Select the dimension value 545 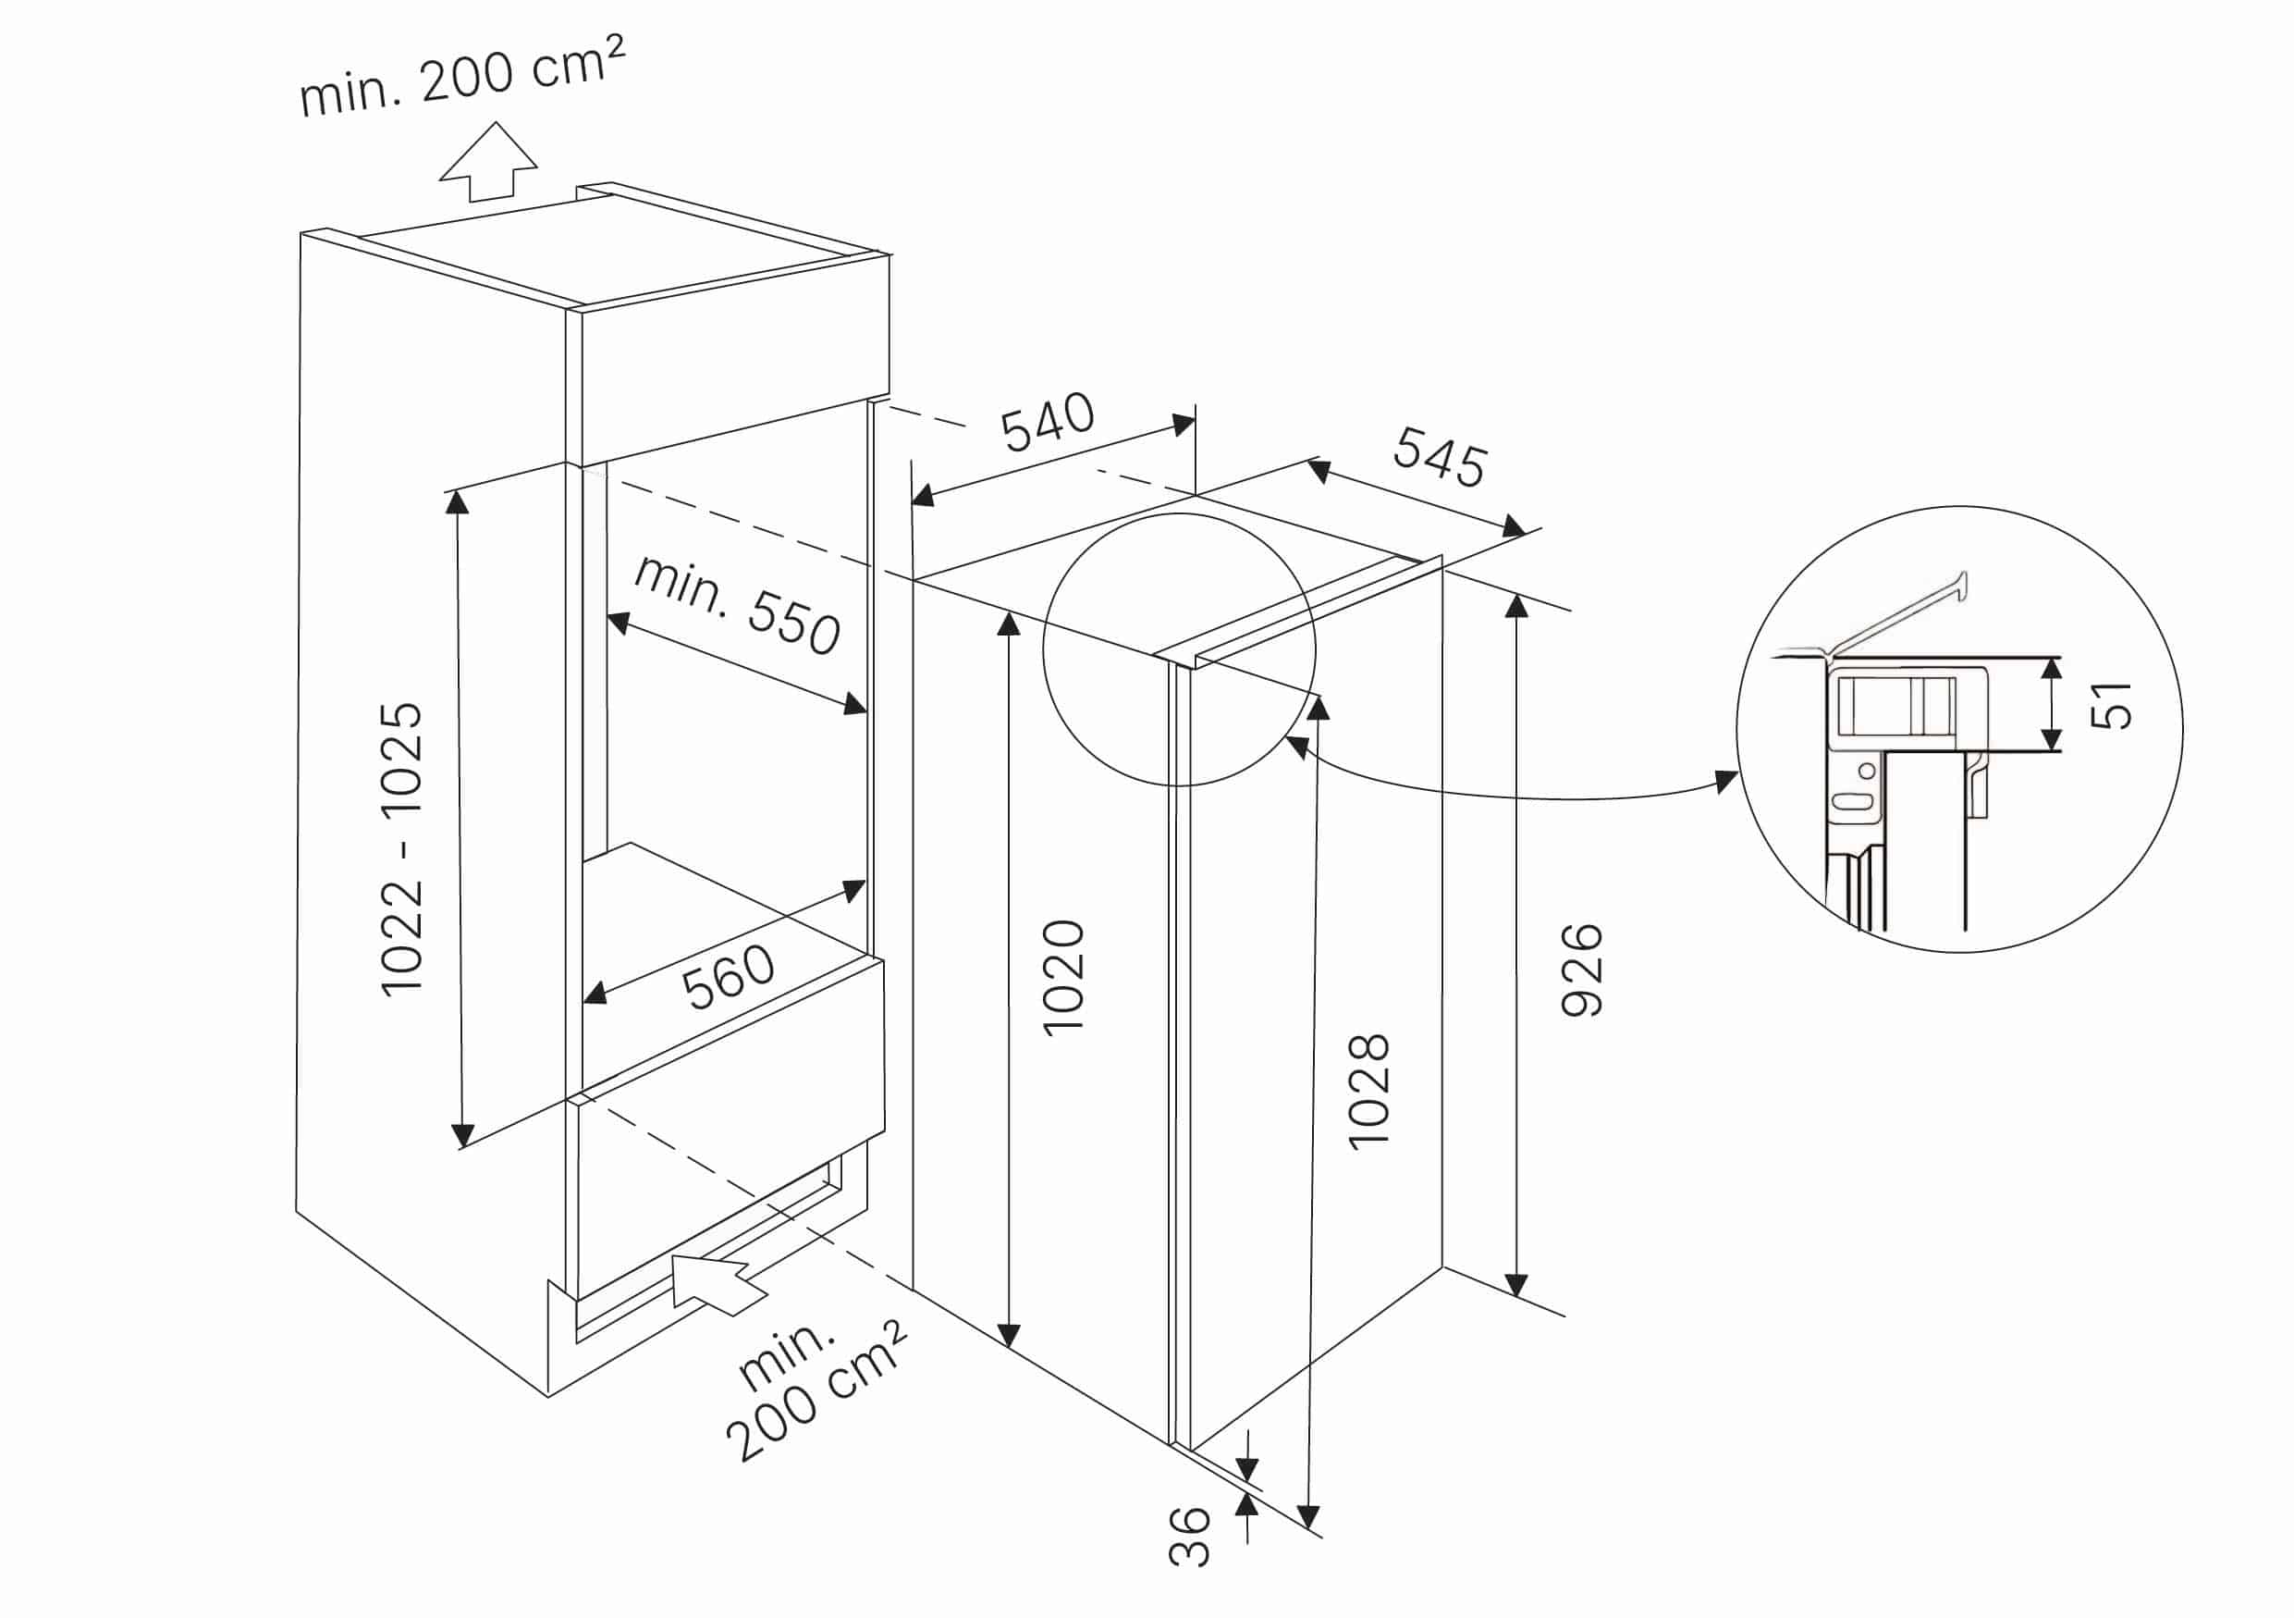(1440, 457)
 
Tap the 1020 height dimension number (1063, 978)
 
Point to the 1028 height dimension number (1368, 1093)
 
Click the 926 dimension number (1582, 970)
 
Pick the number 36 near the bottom (1189, 1536)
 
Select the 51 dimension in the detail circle (2111, 705)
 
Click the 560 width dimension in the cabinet (728, 976)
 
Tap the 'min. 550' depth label (737, 603)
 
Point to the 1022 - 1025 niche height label (401, 848)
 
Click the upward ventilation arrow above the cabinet (488, 162)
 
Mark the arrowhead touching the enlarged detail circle (1725, 782)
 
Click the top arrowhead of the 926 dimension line (1515, 606)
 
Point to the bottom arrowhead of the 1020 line (1009, 1334)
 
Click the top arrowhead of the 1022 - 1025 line (458, 501)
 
